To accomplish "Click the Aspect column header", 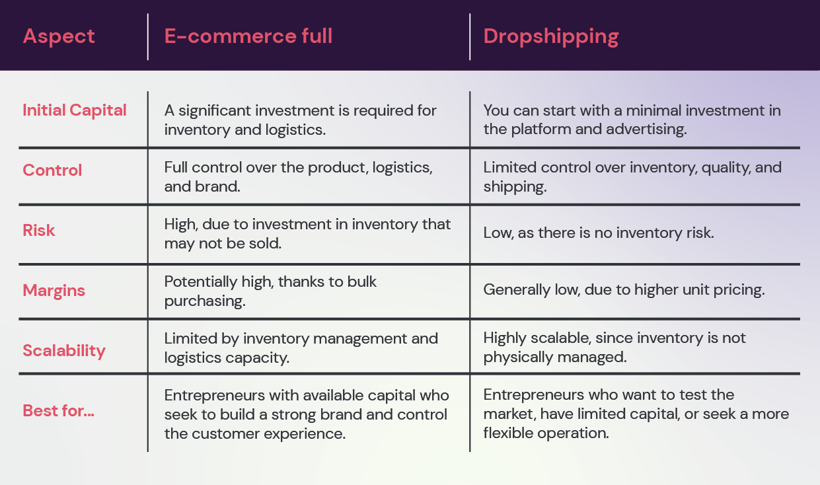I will [59, 36].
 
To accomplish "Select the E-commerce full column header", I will [248, 36].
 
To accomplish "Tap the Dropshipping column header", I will [550, 36].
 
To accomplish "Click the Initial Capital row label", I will [75, 110].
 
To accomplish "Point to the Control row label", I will [52, 170].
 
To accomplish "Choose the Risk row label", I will [39, 231].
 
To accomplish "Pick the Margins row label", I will [54, 291].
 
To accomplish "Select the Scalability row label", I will [64, 350].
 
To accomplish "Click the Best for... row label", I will [59, 410].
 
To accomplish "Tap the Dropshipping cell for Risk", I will [598, 233].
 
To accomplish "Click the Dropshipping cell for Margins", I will [624, 290].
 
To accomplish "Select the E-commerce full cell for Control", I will [298, 176].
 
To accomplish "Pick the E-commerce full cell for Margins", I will [270, 290].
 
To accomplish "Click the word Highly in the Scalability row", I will [505, 338].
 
